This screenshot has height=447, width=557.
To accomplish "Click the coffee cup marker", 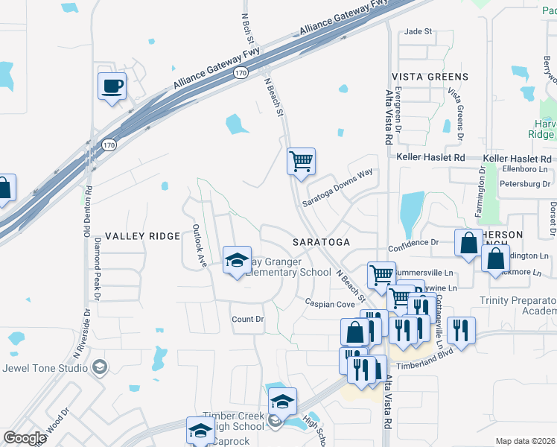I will (112, 86).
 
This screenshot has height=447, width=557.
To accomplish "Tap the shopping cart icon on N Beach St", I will (302, 161).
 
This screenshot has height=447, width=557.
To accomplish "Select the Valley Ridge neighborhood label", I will (142, 236).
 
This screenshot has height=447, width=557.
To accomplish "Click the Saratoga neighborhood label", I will (321, 243).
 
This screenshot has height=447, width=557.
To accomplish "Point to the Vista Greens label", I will (430, 77).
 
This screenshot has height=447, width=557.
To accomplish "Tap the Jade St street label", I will (418, 31).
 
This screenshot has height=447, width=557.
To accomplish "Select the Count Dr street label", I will (248, 319).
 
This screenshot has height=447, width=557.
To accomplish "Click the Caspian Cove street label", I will (330, 304).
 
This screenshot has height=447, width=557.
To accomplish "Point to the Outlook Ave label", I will (198, 245).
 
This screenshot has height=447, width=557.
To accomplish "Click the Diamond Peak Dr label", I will (97, 264).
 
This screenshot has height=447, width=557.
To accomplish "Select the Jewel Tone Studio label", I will (46, 367).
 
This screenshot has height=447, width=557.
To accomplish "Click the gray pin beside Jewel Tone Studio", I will (100, 367).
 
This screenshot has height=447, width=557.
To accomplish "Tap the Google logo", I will (25, 438).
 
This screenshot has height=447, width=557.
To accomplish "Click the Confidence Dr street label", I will (413, 243).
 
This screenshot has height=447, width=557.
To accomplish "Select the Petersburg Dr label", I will (523, 182).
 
